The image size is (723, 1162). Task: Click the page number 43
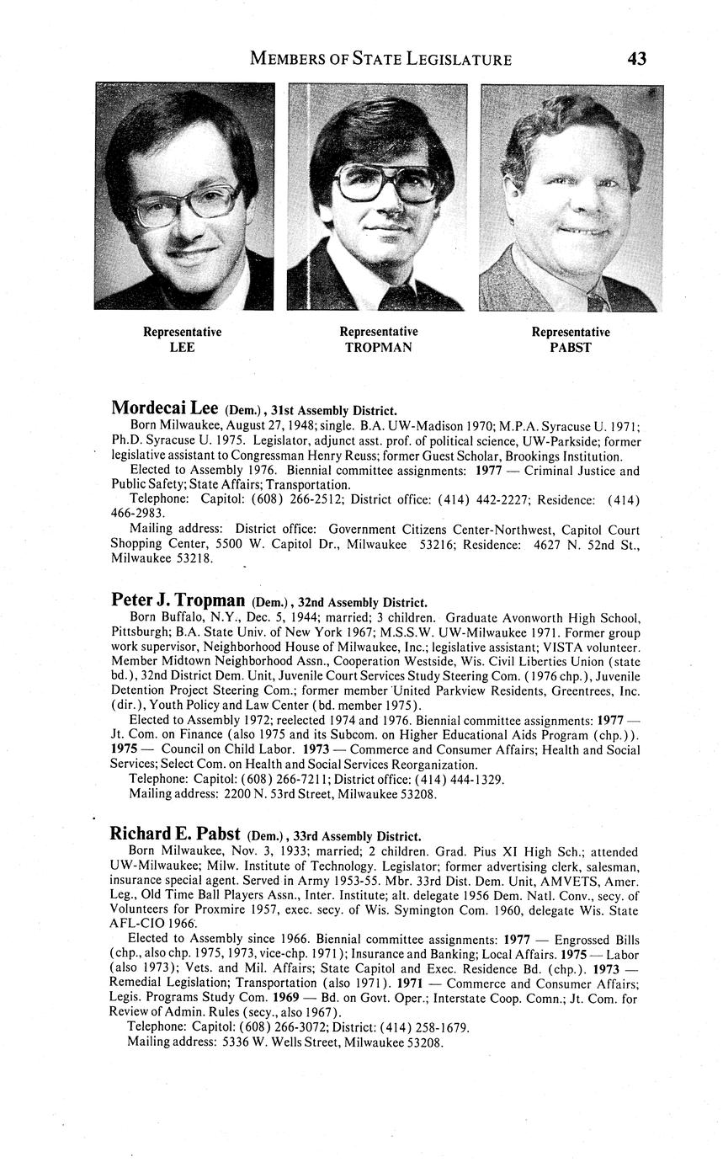636,58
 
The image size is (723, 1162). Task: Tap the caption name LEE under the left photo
182,347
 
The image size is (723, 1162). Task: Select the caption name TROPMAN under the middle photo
378,347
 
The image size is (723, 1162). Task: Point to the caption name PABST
571,347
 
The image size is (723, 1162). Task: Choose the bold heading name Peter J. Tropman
178,600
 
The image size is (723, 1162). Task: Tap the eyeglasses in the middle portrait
386,180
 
